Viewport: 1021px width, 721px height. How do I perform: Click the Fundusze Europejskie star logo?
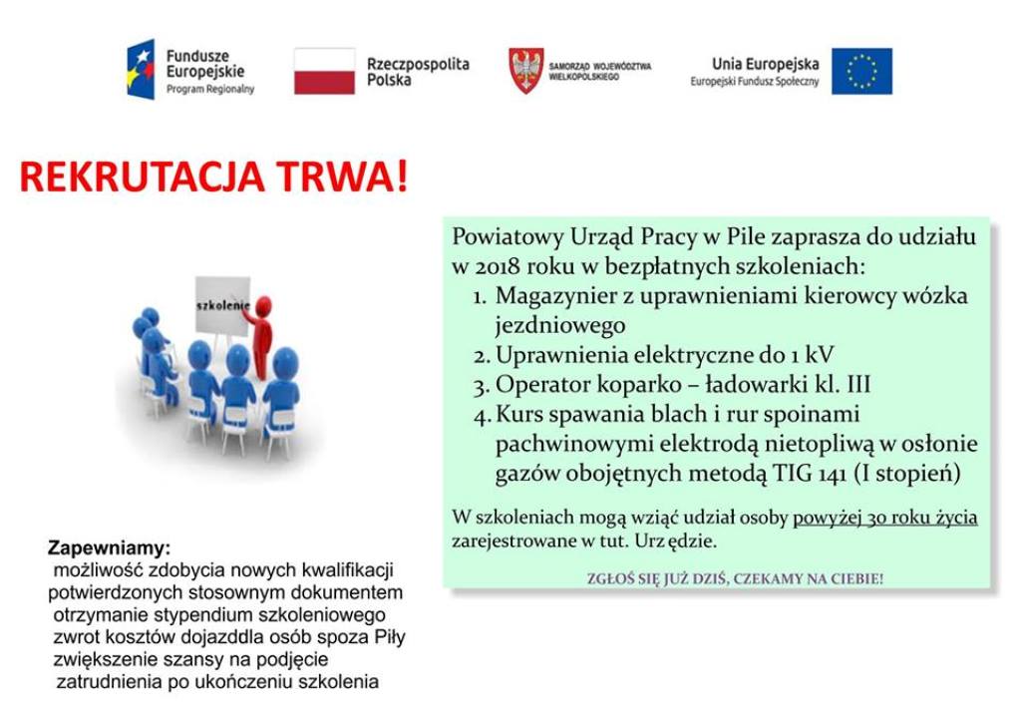click(141, 69)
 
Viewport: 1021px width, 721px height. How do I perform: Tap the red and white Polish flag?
click(324, 71)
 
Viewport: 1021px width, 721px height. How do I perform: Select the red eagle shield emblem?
click(526, 71)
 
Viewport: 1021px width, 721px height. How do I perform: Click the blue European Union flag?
click(861, 71)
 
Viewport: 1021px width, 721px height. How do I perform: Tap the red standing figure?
click(261, 337)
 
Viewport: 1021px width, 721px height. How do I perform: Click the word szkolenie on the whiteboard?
click(222, 305)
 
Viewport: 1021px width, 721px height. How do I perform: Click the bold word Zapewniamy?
click(110, 548)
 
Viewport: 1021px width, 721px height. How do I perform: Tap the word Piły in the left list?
click(390, 636)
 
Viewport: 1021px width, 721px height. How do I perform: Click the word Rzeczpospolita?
click(418, 64)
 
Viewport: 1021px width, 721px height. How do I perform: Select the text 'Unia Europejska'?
click(765, 64)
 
